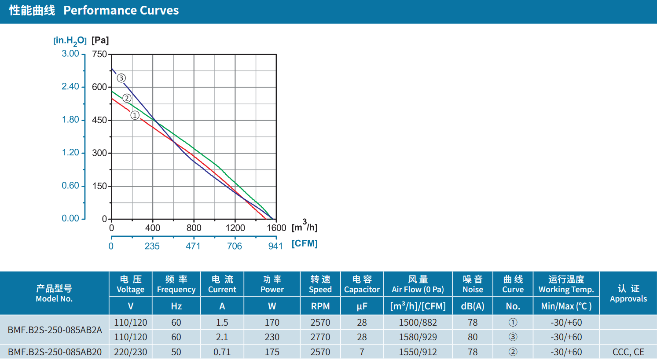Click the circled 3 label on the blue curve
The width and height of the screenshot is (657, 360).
[121, 78]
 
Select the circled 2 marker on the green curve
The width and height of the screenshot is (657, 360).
[127, 98]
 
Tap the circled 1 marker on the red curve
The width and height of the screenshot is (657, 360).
[135, 115]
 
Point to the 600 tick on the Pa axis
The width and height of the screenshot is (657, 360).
[99, 87]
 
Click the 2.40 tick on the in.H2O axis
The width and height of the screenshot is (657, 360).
[70, 87]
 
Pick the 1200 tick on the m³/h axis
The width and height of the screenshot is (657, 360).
[235, 228]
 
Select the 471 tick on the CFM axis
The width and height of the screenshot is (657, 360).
[193, 246]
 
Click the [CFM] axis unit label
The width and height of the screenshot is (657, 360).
[305, 243]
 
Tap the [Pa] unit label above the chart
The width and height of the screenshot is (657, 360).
[100, 40]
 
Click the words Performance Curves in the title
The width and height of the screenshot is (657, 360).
[121, 10]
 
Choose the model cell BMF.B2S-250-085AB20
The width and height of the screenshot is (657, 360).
[55, 352]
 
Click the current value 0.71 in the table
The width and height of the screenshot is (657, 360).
[222, 352]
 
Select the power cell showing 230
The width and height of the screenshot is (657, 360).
[272, 337]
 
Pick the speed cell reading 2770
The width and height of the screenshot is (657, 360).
[320, 337]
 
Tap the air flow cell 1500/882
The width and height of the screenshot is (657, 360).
[418, 323]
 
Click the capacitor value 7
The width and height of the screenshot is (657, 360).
[362, 352]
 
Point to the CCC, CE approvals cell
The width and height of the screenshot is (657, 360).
[628, 352]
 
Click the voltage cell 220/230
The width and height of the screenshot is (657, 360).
[131, 352]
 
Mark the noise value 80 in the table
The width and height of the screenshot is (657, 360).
[473, 337]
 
